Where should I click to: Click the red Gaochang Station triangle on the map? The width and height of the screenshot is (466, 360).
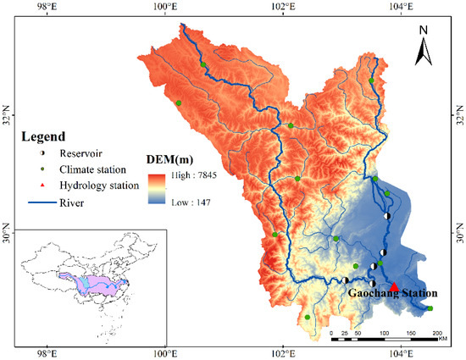[394, 286]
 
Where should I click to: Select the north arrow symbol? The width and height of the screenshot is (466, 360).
[424, 53]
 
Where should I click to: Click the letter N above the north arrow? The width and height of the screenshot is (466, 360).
[424, 31]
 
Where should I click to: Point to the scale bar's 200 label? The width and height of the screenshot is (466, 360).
[437, 335]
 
